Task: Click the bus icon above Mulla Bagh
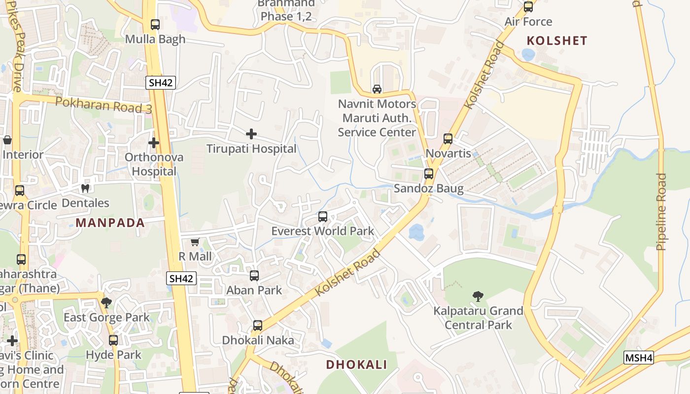click(x=155, y=24)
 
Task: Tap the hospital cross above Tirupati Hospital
click(x=251, y=133)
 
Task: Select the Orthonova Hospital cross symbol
click(x=154, y=143)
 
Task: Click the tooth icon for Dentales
click(x=85, y=188)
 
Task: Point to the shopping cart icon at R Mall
click(x=195, y=242)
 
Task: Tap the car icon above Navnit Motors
click(x=377, y=89)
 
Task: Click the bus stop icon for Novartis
click(x=448, y=139)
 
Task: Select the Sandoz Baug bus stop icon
click(x=429, y=174)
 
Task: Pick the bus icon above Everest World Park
click(x=323, y=216)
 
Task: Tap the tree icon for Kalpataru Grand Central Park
click(x=478, y=296)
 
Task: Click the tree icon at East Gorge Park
click(x=106, y=302)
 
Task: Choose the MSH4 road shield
click(x=639, y=358)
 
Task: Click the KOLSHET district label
click(x=557, y=41)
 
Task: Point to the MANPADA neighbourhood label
click(x=110, y=223)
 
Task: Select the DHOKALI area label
click(x=356, y=364)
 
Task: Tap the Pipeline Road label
click(x=662, y=212)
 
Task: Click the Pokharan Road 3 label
click(x=103, y=104)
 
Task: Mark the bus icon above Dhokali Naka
click(x=258, y=326)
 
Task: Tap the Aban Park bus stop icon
click(x=254, y=276)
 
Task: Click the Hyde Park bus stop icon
click(x=113, y=340)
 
